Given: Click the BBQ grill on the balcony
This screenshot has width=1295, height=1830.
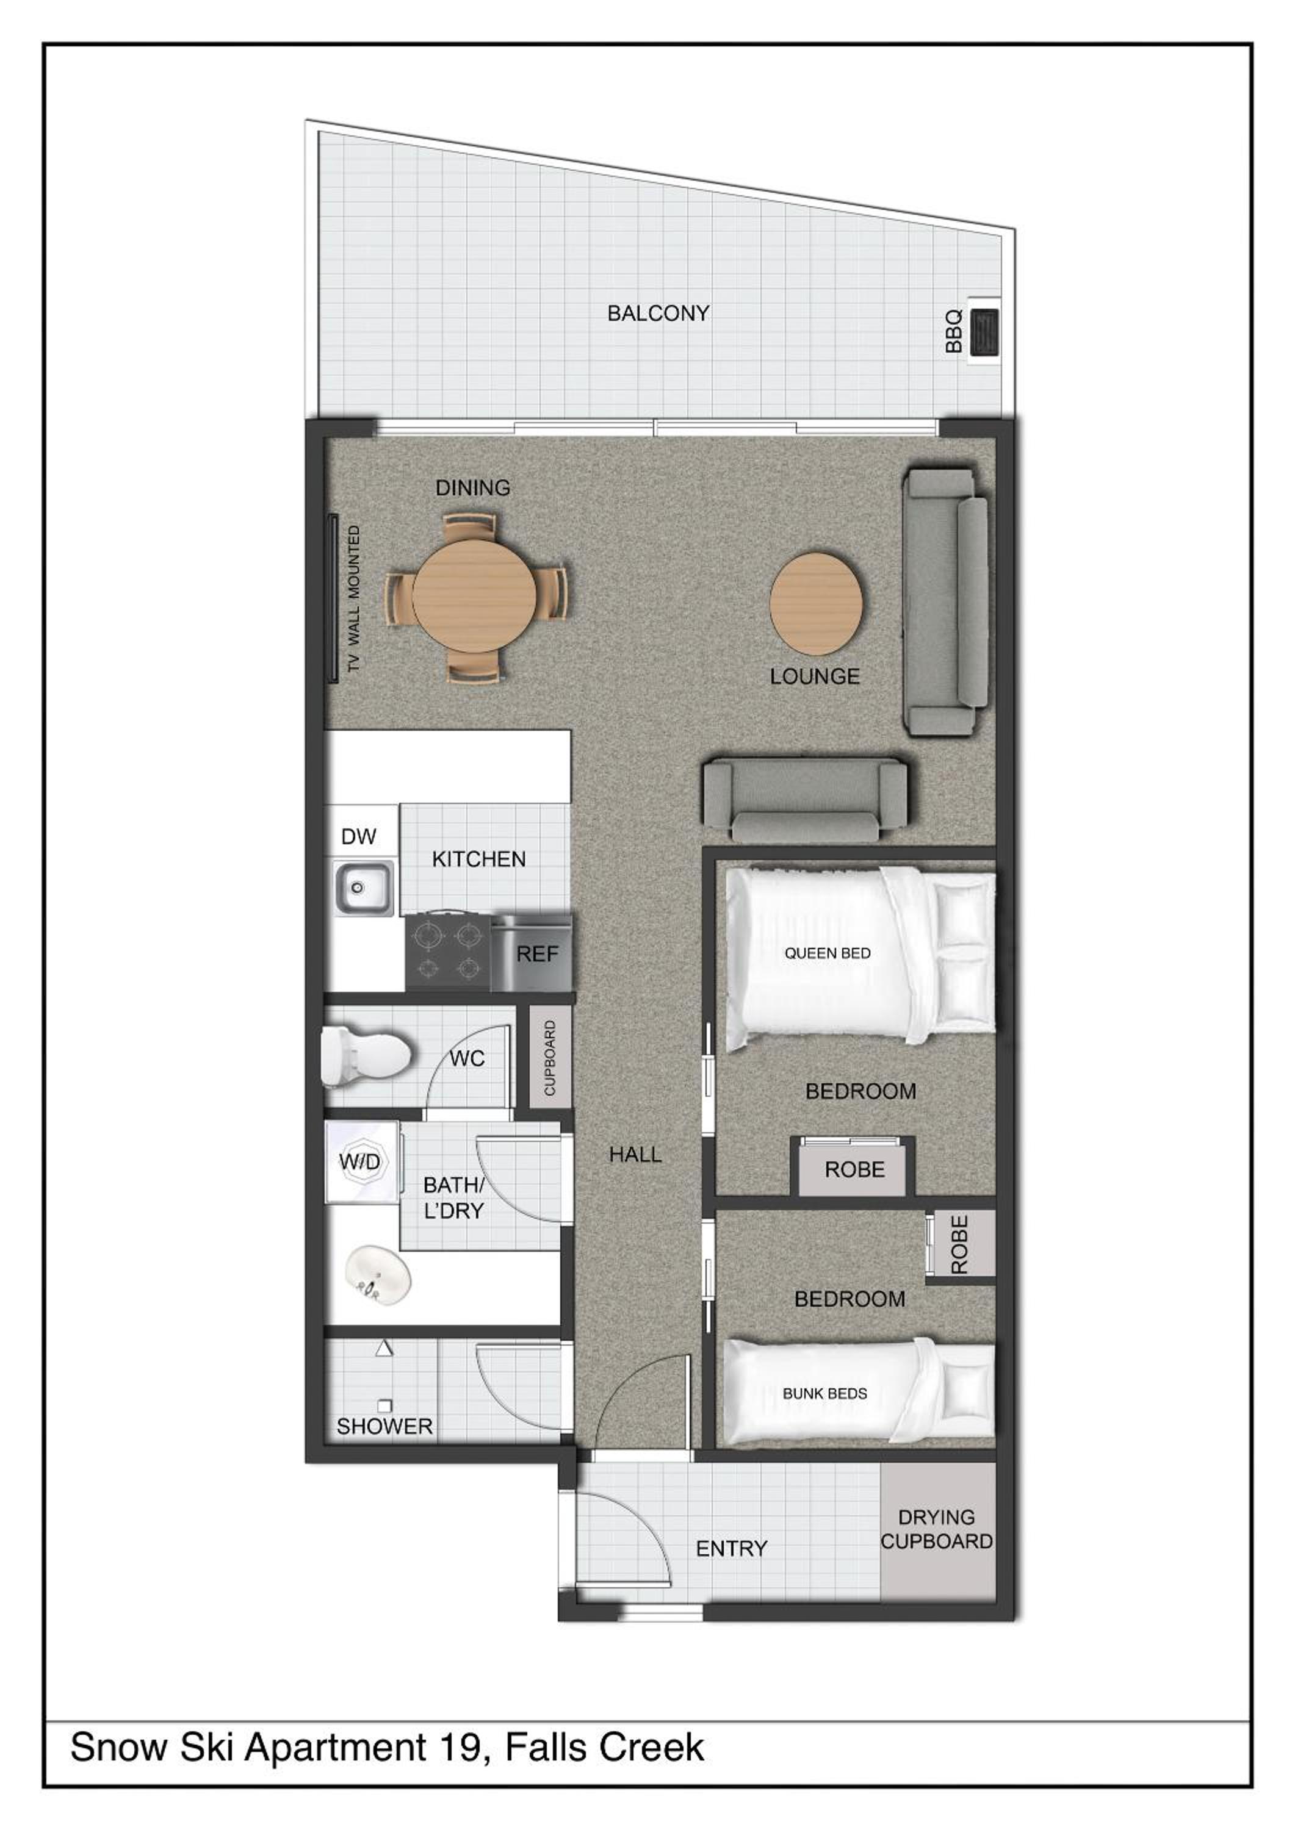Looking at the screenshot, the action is pyautogui.click(x=986, y=331).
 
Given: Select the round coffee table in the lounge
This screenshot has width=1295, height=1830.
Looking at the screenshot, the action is pyautogui.click(x=816, y=603).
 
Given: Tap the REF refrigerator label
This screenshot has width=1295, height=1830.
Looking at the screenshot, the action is pyautogui.click(x=538, y=954).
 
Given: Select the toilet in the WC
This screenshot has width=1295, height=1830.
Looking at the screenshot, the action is pyautogui.click(x=365, y=1057).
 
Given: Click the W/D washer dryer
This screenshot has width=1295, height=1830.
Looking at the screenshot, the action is pyautogui.click(x=361, y=1161).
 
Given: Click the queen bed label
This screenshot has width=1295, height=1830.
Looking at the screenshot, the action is pyautogui.click(x=827, y=953).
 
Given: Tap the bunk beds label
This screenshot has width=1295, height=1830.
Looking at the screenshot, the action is pyautogui.click(x=824, y=1393).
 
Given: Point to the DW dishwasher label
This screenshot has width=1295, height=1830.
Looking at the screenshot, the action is pyautogui.click(x=358, y=836).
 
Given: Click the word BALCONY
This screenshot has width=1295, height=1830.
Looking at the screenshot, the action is pyautogui.click(x=658, y=314).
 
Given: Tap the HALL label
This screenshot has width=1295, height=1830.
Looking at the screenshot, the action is pyautogui.click(x=635, y=1154).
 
